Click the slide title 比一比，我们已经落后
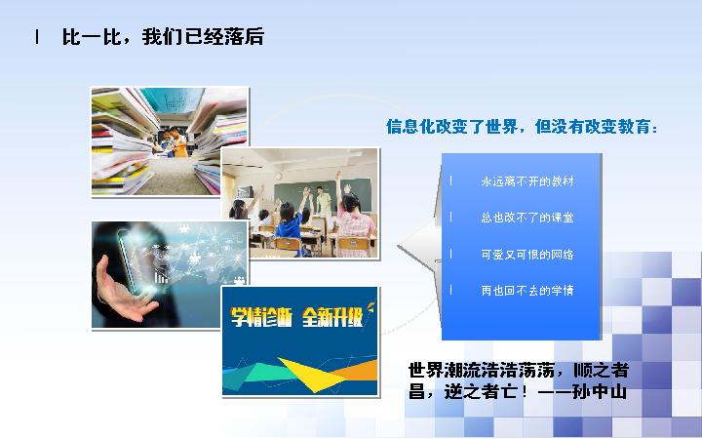tap(163, 37)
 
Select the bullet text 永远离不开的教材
tap(526, 181)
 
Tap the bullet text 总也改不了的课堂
tap(526, 218)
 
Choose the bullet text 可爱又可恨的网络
tap(526, 255)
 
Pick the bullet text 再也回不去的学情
tap(526, 291)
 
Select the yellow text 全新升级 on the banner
tap(331, 317)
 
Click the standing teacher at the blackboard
tap(324, 207)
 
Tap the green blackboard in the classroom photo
tap(323, 195)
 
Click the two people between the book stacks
tap(173, 142)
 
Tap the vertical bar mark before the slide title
tap(37, 37)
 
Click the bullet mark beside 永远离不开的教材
tap(450, 181)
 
